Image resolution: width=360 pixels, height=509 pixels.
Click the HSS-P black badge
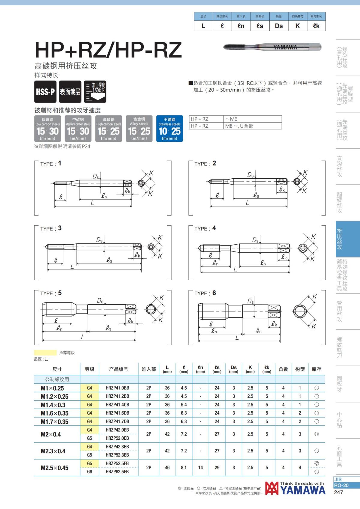[x=45, y=92]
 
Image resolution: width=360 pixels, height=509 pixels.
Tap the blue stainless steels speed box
[x=169, y=129]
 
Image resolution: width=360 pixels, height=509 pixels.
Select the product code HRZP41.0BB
[x=117, y=388]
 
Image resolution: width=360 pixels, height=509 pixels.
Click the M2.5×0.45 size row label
[x=55, y=468]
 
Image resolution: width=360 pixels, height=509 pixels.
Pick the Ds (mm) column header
[x=234, y=369]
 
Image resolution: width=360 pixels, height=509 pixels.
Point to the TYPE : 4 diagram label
[x=205, y=228]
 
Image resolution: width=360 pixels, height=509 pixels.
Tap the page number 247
[x=338, y=492]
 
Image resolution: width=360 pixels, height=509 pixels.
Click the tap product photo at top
[x=272, y=47]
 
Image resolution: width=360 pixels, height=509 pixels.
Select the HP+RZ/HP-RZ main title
[x=108, y=50]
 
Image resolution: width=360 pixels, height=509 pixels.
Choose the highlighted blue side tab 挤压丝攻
[x=340, y=239]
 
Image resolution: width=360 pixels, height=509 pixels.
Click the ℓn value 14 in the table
[x=200, y=468]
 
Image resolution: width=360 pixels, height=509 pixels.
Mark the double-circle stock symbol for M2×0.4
[x=316, y=434]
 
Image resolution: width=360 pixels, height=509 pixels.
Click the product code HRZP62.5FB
[x=117, y=472]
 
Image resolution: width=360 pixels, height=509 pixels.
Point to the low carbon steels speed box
[x=47, y=129]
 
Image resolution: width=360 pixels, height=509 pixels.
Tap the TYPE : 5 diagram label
[x=51, y=293]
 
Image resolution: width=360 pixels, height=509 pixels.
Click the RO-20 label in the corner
[x=341, y=485]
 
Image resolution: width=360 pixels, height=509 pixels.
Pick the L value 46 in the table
[x=167, y=468]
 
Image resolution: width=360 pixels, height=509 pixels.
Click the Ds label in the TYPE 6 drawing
[x=250, y=301]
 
